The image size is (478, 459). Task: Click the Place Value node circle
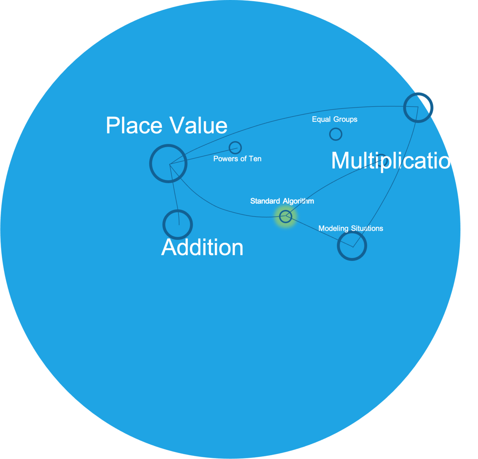click(x=168, y=164)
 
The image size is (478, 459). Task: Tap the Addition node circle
click(x=178, y=224)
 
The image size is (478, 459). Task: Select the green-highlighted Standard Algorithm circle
click(x=286, y=216)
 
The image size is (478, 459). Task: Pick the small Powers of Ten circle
click(x=235, y=148)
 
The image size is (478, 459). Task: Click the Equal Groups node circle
click(x=336, y=134)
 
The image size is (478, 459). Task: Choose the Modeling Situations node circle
click(x=352, y=245)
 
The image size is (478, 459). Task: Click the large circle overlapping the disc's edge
click(x=418, y=107)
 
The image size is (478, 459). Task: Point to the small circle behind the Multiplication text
click(x=381, y=159)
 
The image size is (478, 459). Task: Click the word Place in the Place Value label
click(x=134, y=125)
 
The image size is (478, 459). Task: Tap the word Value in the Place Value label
click(x=199, y=125)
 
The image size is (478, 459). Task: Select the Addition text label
click(x=202, y=247)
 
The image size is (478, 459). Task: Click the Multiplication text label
click(x=397, y=161)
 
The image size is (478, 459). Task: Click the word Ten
click(x=255, y=159)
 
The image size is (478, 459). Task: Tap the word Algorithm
click(x=298, y=201)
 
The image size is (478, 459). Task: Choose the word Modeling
click(x=333, y=228)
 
